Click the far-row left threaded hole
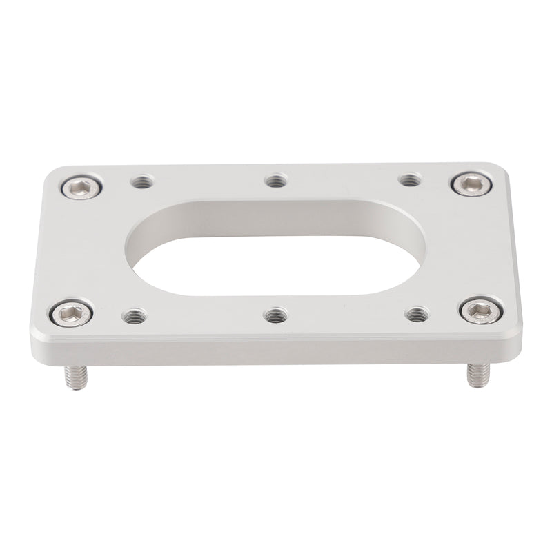tap(141, 183)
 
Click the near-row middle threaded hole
tap(276, 315)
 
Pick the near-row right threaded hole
tap(416, 315)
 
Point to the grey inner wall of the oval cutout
tap(276, 211)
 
